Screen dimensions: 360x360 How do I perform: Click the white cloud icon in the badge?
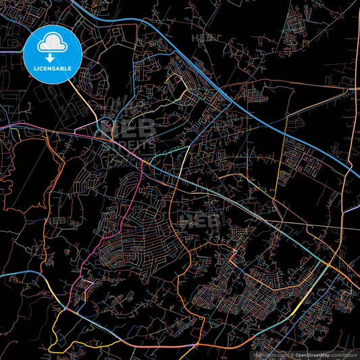click(52, 44)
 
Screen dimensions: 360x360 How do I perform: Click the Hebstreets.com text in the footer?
click(269, 355)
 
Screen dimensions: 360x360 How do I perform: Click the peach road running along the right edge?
click(351, 135)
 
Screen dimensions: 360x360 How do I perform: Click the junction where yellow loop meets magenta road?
click(76, 308)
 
